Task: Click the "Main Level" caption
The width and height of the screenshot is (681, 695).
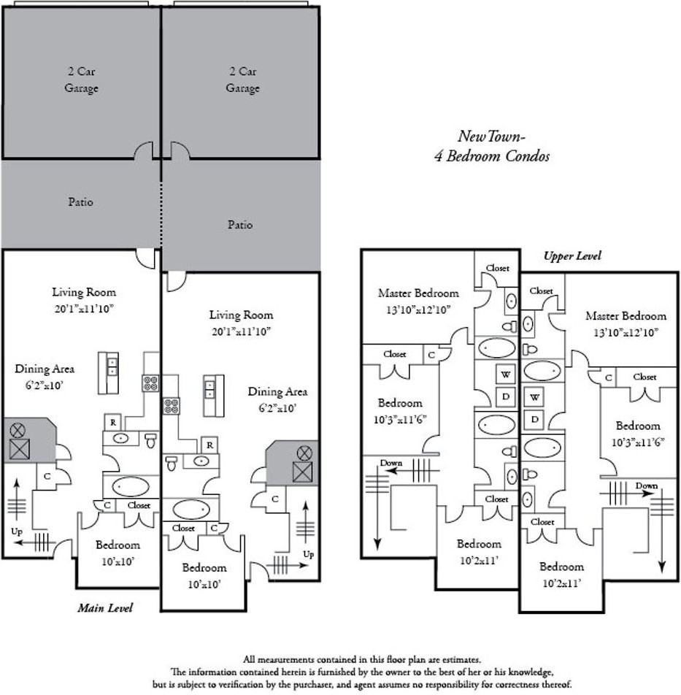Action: click(x=105, y=607)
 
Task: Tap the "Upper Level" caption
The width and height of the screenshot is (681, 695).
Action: click(x=572, y=256)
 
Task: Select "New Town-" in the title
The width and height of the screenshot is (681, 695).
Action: click(x=491, y=136)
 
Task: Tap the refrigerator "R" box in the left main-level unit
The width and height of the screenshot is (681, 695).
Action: click(x=113, y=423)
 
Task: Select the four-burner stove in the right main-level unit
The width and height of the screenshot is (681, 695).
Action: click(x=171, y=406)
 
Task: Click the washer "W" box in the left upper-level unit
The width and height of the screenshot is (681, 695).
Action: click(x=506, y=374)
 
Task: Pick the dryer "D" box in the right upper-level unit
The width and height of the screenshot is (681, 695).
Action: click(x=535, y=419)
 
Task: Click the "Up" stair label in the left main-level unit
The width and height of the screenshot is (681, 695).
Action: click(x=17, y=531)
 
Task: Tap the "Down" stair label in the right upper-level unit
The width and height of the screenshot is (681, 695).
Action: click(x=647, y=485)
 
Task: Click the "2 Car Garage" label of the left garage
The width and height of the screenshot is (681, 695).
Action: click(x=81, y=80)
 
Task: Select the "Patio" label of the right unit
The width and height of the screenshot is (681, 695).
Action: click(x=240, y=225)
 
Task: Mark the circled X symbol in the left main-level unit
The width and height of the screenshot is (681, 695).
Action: click(x=18, y=429)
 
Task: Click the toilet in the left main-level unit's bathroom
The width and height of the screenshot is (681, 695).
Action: click(x=151, y=440)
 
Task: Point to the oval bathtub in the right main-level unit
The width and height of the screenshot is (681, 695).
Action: click(x=191, y=510)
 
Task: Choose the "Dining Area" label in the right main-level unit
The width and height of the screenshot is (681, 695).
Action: click(x=277, y=400)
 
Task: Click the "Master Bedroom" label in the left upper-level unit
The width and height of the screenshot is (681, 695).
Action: click(x=418, y=301)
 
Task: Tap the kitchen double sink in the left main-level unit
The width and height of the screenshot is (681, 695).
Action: click(x=112, y=366)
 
